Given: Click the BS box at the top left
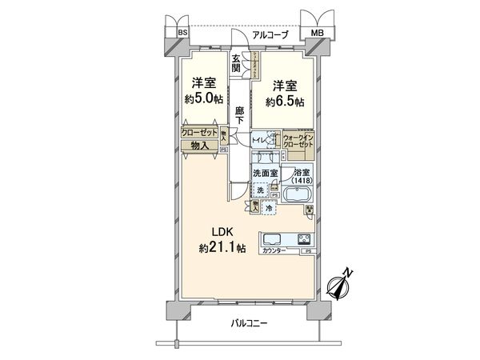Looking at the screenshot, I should (182, 33).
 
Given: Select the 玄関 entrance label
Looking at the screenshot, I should (237, 64).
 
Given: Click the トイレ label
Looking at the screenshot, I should (261, 140).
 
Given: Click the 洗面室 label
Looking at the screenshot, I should (265, 172).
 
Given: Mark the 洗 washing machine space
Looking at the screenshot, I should (260, 190).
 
